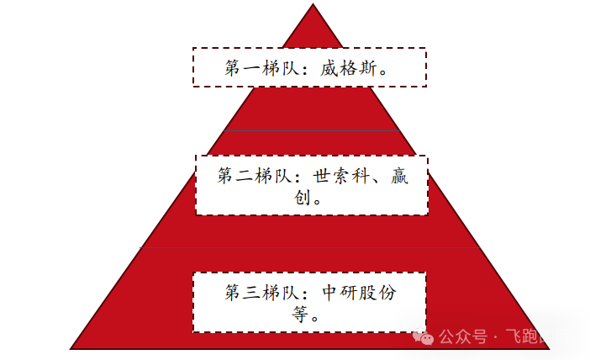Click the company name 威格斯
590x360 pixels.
click(x=349, y=67)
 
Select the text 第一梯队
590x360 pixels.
click(x=257, y=67)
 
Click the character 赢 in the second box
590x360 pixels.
click(x=399, y=177)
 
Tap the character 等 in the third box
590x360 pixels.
click(x=300, y=315)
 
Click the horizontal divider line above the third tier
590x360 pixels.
click(x=310, y=248)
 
